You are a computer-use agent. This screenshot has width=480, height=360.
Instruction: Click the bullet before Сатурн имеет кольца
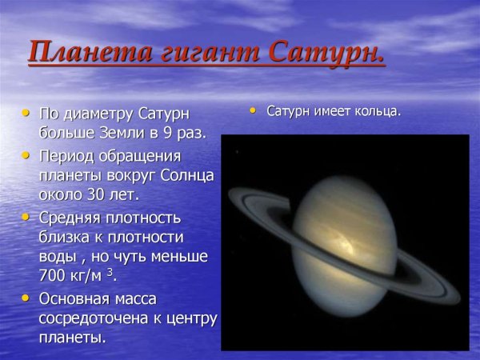point(254,109)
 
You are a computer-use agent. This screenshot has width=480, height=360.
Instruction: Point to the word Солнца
point(188,174)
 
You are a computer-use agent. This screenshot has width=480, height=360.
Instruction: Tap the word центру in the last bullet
point(190,318)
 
